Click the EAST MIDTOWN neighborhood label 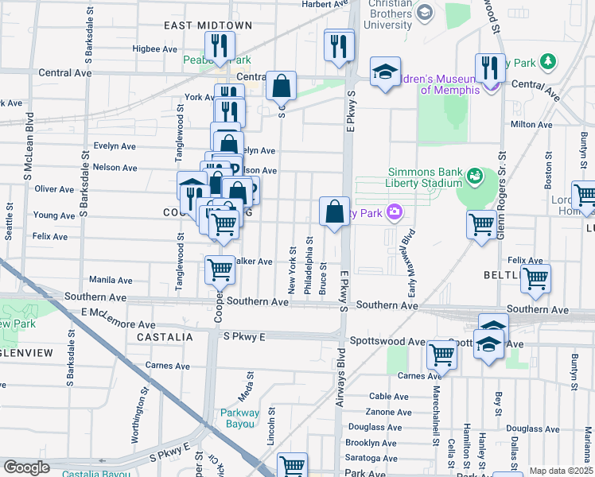tap(202, 25)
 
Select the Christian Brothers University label tap(391, 14)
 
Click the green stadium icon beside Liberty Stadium tap(475, 174)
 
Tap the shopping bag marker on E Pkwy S tap(335, 212)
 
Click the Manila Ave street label tap(111, 280)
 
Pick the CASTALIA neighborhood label tap(165, 337)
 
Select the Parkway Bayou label tap(240, 418)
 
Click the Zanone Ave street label tap(389, 412)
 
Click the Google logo tap(26, 467)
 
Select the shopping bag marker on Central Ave tap(281, 86)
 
